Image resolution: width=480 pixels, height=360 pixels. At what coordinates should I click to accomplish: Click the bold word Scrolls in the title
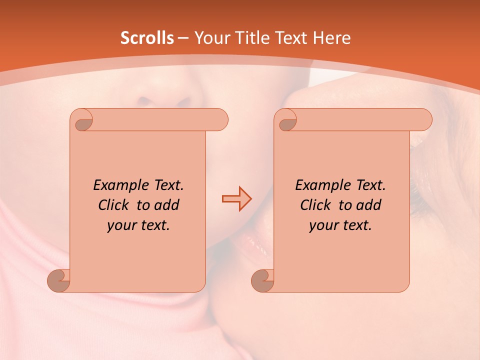click(x=147, y=38)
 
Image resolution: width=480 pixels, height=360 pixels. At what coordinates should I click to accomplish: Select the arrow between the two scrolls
click(x=237, y=199)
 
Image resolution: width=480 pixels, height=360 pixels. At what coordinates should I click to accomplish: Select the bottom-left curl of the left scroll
click(x=58, y=280)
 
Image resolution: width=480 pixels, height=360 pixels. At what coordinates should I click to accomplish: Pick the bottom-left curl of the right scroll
click(x=262, y=280)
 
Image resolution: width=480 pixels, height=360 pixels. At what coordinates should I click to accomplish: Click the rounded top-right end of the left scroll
click(x=220, y=119)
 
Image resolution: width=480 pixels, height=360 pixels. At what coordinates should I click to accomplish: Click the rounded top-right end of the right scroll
click(x=424, y=119)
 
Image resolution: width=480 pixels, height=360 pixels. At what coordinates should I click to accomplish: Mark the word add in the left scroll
click(x=167, y=205)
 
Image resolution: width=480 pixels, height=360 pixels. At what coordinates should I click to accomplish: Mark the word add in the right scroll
click(x=369, y=205)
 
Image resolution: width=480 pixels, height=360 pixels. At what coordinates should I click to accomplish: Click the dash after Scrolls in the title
click(x=183, y=38)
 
